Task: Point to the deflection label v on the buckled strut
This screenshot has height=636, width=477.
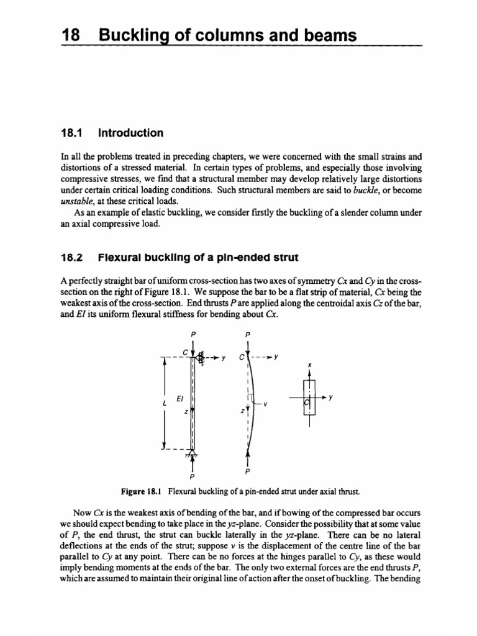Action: [x=265, y=404]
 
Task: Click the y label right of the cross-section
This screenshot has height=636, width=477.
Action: [x=330, y=397]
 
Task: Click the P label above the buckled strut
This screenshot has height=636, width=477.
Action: [x=248, y=334]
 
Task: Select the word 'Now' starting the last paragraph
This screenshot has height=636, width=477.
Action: [x=83, y=513]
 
